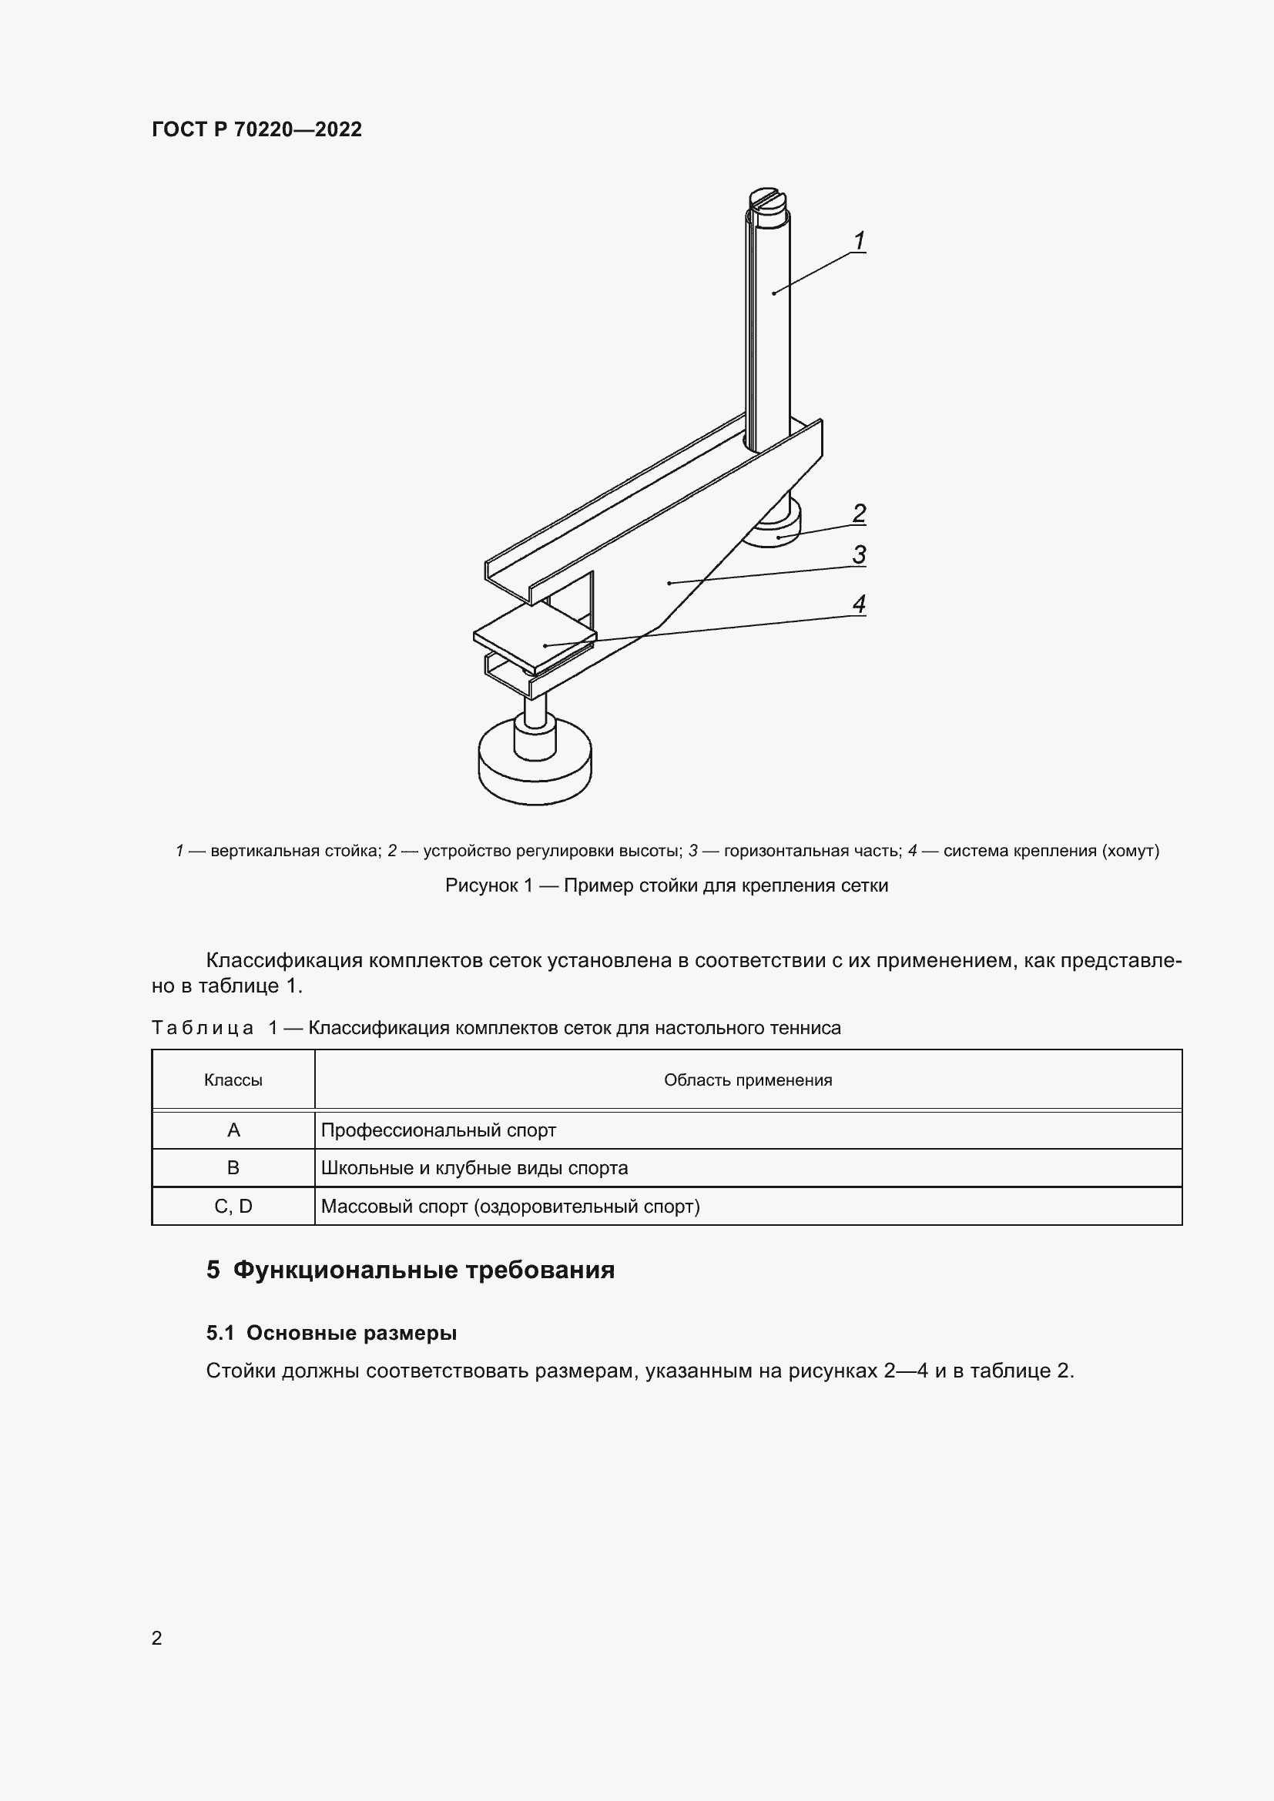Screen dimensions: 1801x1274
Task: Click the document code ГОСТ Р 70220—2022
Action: point(256,129)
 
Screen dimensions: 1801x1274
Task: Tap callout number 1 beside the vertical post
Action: point(859,240)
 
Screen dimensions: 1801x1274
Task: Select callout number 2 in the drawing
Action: point(859,513)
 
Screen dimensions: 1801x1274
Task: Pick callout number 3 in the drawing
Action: point(859,554)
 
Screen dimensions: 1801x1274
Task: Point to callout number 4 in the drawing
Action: point(859,604)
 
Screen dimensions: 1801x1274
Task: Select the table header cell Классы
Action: point(233,1080)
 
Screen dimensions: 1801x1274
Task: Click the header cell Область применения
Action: point(748,1080)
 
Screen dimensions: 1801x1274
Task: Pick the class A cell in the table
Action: point(233,1130)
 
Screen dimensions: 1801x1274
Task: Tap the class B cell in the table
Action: point(233,1168)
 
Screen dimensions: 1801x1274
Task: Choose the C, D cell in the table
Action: point(233,1207)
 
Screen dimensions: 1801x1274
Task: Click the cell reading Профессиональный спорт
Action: point(438,1130)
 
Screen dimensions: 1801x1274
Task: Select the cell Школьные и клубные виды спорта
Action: point(474,1168)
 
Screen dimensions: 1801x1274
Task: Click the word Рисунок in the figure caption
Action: point(481,885)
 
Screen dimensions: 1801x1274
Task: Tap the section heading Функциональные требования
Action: point(424,1270)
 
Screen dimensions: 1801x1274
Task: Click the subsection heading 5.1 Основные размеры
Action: point(331,1333)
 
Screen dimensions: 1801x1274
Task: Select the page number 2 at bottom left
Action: point(157,1638)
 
